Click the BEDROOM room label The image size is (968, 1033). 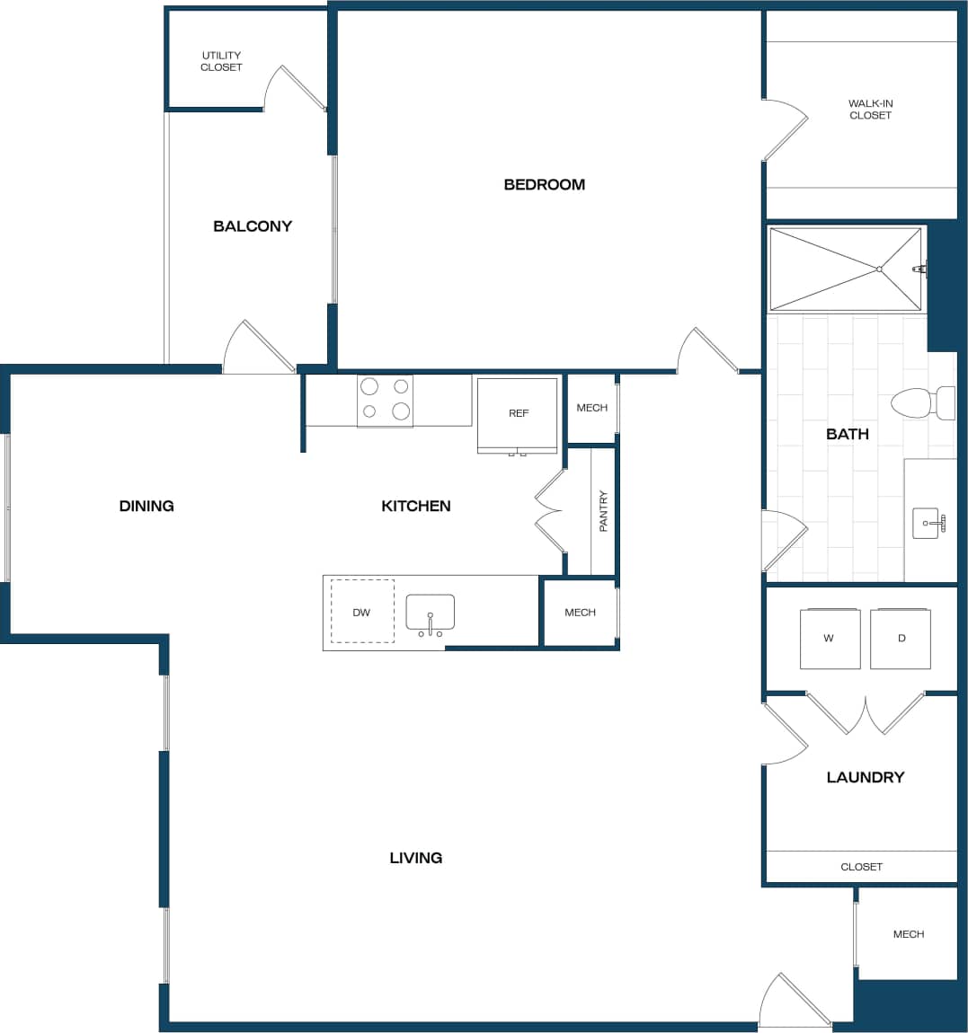click(x=544, y=184)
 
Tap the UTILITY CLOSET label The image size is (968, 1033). click(x=221, y=61)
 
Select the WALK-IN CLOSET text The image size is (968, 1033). click(x=870, y=109)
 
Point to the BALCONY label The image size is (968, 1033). click(x=253, y=226)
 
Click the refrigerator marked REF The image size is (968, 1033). click(x=518, y=413)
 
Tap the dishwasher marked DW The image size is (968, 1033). click(x=361, y=612)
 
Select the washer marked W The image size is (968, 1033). click(x=830, y=638)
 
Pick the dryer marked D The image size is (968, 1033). click(x=901, y=638)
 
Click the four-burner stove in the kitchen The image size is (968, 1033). click(x=385, y=400)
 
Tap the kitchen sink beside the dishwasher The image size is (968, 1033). click(x=430, y=613)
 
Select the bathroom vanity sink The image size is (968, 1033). click(x=927, y=523)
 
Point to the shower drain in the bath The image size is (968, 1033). click(x=879, y=269)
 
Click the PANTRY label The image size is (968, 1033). click(x=603, y=510)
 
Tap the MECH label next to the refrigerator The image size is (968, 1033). click(x=591, y=408)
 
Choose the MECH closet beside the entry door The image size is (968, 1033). click(x=908, y=934)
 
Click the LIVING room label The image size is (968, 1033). click(x=415, y=858)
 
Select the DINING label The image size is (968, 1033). click(x=147, y=506)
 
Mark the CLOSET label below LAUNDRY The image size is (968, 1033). click(x=861, y=867)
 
